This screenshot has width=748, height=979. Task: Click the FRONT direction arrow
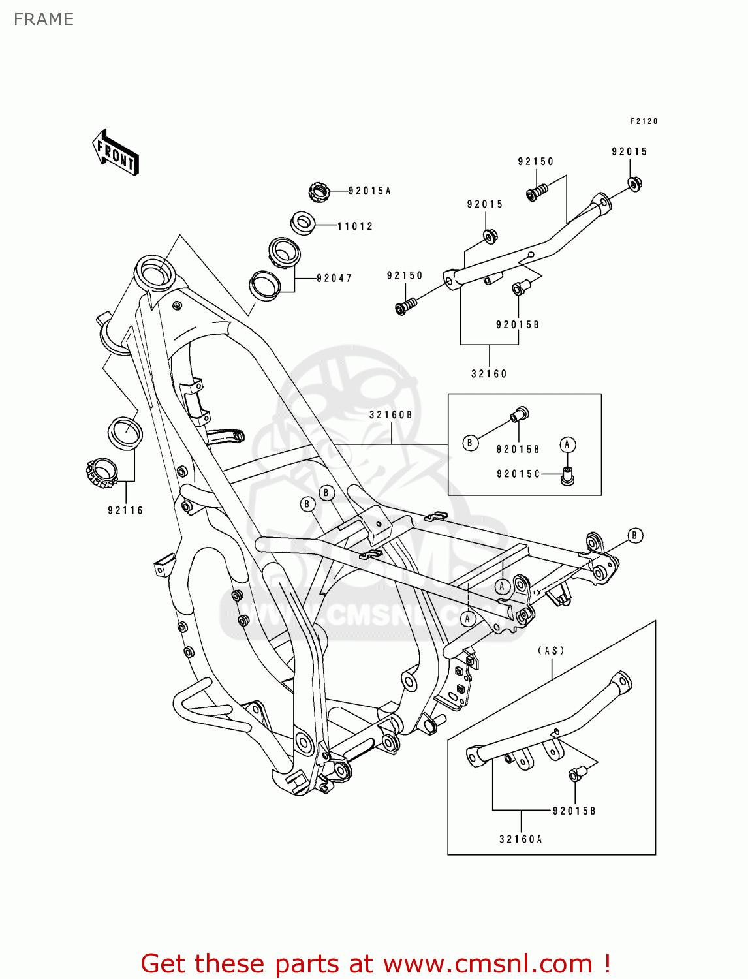point(116,152)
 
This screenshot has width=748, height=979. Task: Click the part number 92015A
point(369,191)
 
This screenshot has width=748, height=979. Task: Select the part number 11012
point(355,226)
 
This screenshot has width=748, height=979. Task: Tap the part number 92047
point(334,279)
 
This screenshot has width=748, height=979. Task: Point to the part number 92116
point(125,511)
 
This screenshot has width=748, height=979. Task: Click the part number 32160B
point(390,415)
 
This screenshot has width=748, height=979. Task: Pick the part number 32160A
point(521,839)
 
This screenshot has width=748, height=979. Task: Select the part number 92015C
point(518,474)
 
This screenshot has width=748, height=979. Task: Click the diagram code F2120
point(644,121)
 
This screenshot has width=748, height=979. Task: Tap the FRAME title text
point(44,20)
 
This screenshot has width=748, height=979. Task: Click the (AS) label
point(552,651)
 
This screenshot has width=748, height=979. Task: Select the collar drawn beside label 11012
point(303,222)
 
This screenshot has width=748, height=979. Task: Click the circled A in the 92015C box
point(567,445)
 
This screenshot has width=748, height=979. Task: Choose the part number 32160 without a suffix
point(489,374)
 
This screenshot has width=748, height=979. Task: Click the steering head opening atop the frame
point(155,271)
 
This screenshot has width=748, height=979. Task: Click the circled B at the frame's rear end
point(634,536)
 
